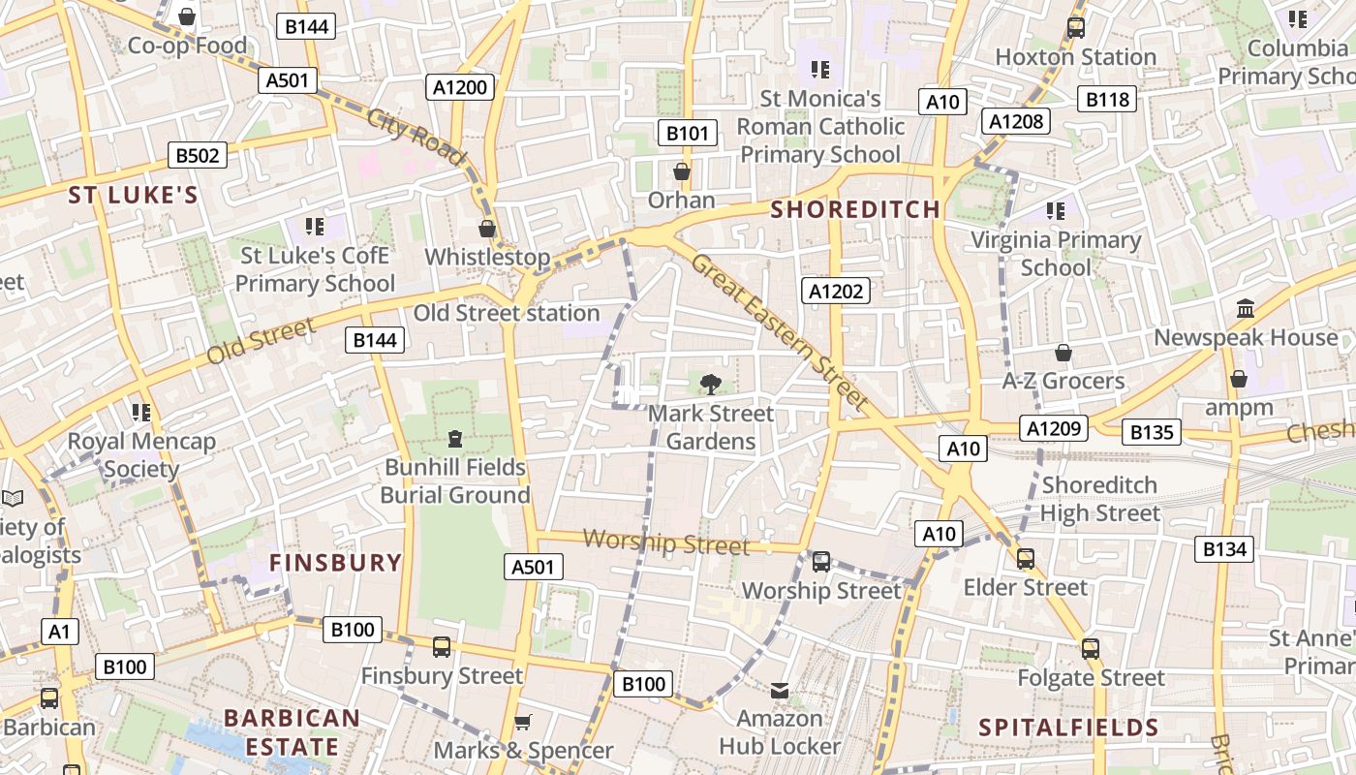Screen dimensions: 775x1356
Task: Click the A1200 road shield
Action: [461, 87]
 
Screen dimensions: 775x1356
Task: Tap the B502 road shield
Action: [198, 155]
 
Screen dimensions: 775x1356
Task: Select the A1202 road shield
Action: [837, 291]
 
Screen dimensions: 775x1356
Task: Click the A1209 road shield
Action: [1054, 427]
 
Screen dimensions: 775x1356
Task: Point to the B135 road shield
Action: [1152, 432]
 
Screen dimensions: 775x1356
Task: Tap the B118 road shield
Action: [1107, 99]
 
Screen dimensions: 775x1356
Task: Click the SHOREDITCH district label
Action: [855, 209]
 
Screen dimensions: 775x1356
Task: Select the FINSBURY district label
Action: [335, 563]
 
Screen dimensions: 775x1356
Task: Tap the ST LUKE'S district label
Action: [133, 196]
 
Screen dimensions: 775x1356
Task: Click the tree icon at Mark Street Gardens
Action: [711, 384]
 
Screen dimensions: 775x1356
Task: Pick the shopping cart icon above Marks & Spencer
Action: [523, 722]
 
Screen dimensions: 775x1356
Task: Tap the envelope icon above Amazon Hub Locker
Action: [780, 690]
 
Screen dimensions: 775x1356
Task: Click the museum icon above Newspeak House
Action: [1246, 309]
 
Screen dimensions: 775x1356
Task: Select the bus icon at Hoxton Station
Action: [1075, 28]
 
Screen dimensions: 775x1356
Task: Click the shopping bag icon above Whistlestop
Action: [487, 229]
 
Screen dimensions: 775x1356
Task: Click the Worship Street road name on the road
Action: [666, 542]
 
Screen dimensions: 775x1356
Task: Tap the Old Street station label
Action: [507, 313]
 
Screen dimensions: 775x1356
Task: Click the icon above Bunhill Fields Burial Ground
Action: [454, 439]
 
